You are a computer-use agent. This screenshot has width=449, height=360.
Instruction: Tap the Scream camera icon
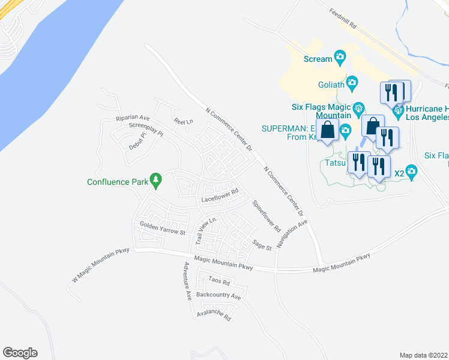pos(340,58)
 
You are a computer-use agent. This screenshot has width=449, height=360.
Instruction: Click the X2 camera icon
pos(411,172)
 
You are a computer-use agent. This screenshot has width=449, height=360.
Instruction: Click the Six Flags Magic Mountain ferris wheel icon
pos(358,108)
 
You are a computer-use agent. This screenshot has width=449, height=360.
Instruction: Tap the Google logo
pos(20,353)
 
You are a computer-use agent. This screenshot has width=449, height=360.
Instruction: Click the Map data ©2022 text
pos(423,355)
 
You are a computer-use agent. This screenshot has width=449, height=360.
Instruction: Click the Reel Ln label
pos(183,121)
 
